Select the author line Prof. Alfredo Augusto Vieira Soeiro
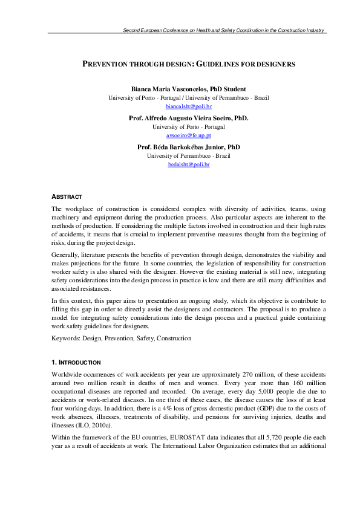click(179, 118)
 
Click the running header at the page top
click(224, 30)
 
